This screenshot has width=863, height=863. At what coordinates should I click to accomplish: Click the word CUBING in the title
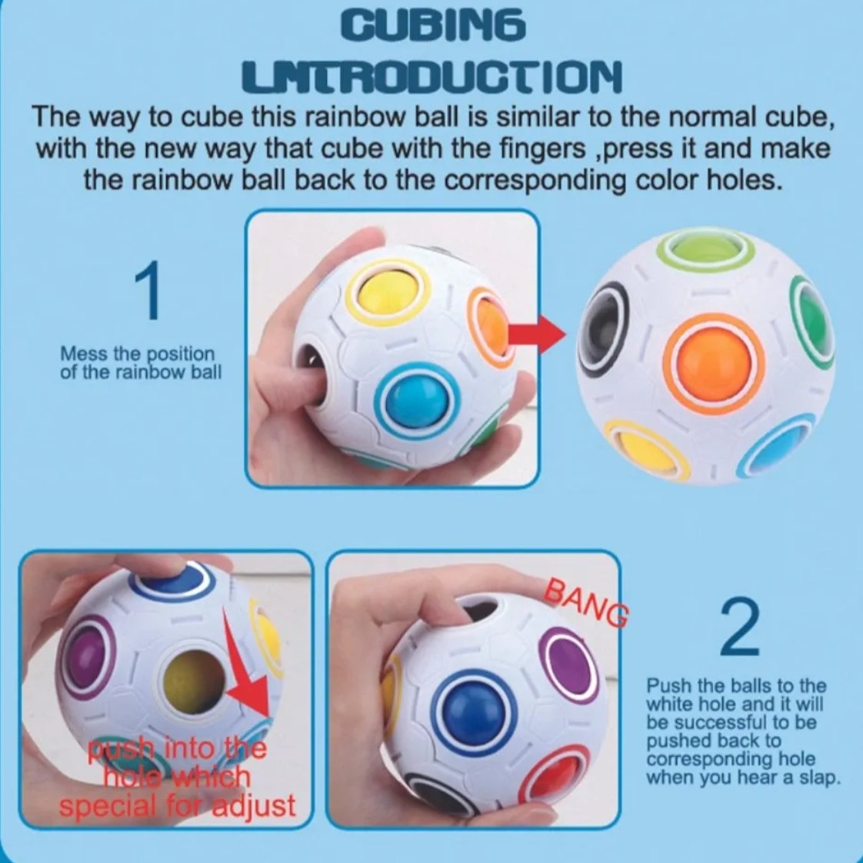(432, 26)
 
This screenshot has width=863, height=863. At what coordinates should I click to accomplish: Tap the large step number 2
(740, 626)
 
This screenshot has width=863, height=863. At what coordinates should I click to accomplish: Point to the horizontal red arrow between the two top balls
(536, 334)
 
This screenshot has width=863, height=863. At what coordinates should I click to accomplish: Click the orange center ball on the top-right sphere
(714, 355)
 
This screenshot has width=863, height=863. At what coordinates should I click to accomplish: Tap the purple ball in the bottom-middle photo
(566, 665)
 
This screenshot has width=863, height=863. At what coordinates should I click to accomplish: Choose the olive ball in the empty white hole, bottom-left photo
(195, 677)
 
